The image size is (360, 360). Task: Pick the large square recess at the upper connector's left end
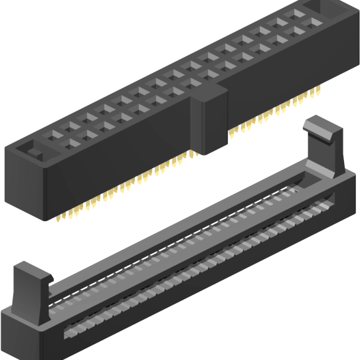coord(33,151)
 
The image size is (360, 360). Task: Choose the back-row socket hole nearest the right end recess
coord(297,13)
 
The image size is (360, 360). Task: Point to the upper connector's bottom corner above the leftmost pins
coord(45,217)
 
